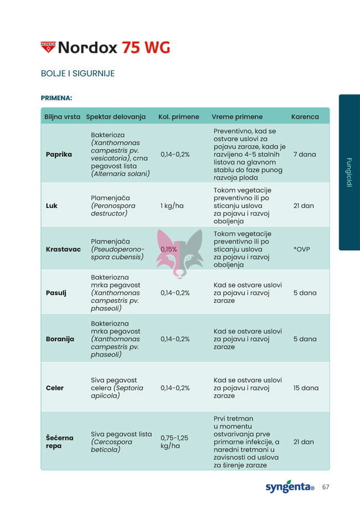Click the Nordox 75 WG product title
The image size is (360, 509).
[114, 47]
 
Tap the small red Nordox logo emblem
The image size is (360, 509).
[48, 47]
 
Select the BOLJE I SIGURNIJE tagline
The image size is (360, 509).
[78, 74]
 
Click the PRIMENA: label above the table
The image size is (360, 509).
[56, 98]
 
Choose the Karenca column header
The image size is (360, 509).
[305, 117]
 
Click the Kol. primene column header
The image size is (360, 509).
[178, 117]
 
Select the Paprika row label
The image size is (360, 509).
[59, 154]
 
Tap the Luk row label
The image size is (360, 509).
[52, 205]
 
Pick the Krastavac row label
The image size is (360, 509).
[64, 249]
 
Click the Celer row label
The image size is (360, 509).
[54, 388]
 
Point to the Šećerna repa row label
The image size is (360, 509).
[59, 441]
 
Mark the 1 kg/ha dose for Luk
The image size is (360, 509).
[172, 205]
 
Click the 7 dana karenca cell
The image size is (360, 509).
[305, 154]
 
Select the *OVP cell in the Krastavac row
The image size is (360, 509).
[302, 249]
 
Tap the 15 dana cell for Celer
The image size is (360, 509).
[306, 388]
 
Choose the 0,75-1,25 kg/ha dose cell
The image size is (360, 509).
[174, 441]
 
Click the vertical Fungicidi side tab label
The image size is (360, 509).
[349, 172]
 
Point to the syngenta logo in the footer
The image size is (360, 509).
[289, 487]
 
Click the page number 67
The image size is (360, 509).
[326, 487]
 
